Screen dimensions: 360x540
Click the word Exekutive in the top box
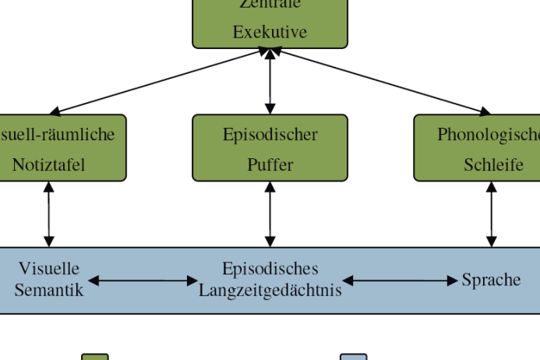tap(270, 32)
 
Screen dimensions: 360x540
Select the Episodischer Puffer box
tap(270, 148)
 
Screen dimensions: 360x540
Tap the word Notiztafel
tap(48, 164)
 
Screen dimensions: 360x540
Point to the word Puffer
tap(270, 164)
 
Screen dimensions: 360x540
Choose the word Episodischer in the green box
tap(270, 134)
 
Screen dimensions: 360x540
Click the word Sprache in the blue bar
tap(491, 280)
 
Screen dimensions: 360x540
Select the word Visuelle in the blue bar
tap(49, 269)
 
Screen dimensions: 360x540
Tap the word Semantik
tap(49, 290)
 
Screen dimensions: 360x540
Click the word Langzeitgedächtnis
tap(270, 291)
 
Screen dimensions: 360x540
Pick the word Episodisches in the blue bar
tap(270, 269)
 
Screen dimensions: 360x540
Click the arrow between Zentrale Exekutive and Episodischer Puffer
tap(270, 81)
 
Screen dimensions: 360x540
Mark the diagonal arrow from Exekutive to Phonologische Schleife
tap(381, 81)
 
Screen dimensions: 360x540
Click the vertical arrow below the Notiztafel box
tap(49, 214)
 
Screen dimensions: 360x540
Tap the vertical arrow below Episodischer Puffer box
tap(270, 214)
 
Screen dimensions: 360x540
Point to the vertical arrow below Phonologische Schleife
tap(491, 214)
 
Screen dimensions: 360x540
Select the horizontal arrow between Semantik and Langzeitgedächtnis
tap(143, 281)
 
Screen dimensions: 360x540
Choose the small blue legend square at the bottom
tap(353, 357)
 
